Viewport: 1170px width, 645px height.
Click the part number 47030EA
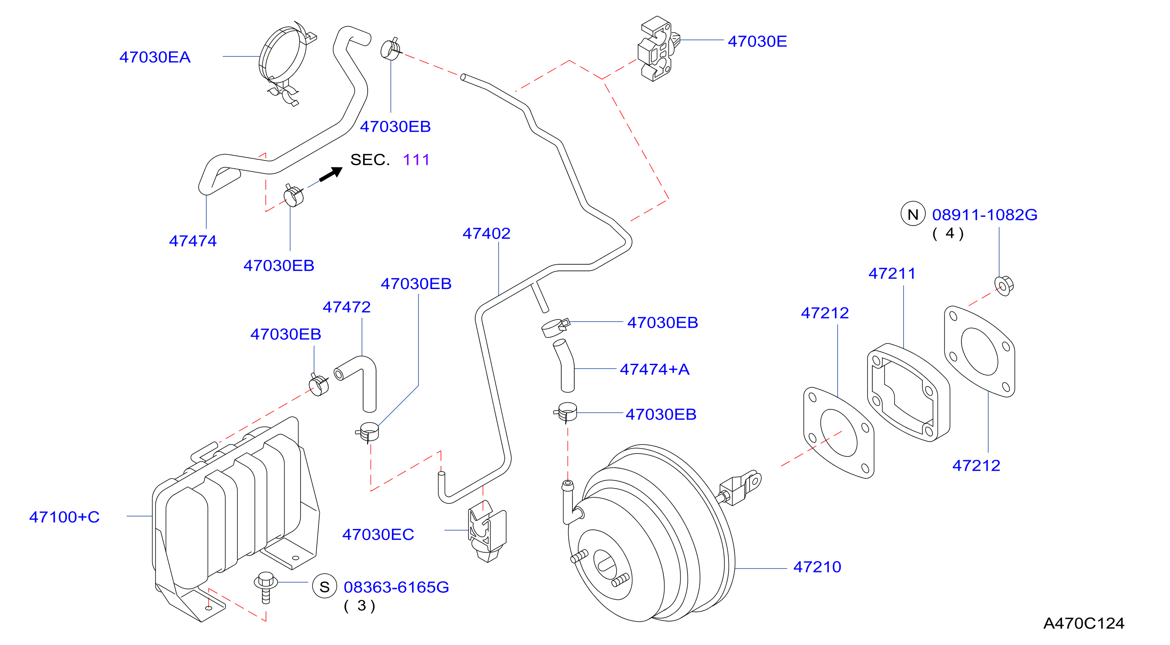click(155, 57)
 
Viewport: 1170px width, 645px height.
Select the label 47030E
click(757, 41)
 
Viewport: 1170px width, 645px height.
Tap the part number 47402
click(487, 233)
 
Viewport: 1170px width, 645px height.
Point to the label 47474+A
click(654, 369)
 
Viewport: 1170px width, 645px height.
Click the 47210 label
click(817, 567)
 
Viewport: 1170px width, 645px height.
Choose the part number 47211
click(892, 273)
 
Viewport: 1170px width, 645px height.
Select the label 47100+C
click(64, 517)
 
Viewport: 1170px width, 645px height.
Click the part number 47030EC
click(378, 535)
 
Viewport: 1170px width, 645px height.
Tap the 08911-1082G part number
click(984, 215)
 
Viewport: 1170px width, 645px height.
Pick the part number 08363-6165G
click(396, 587)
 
